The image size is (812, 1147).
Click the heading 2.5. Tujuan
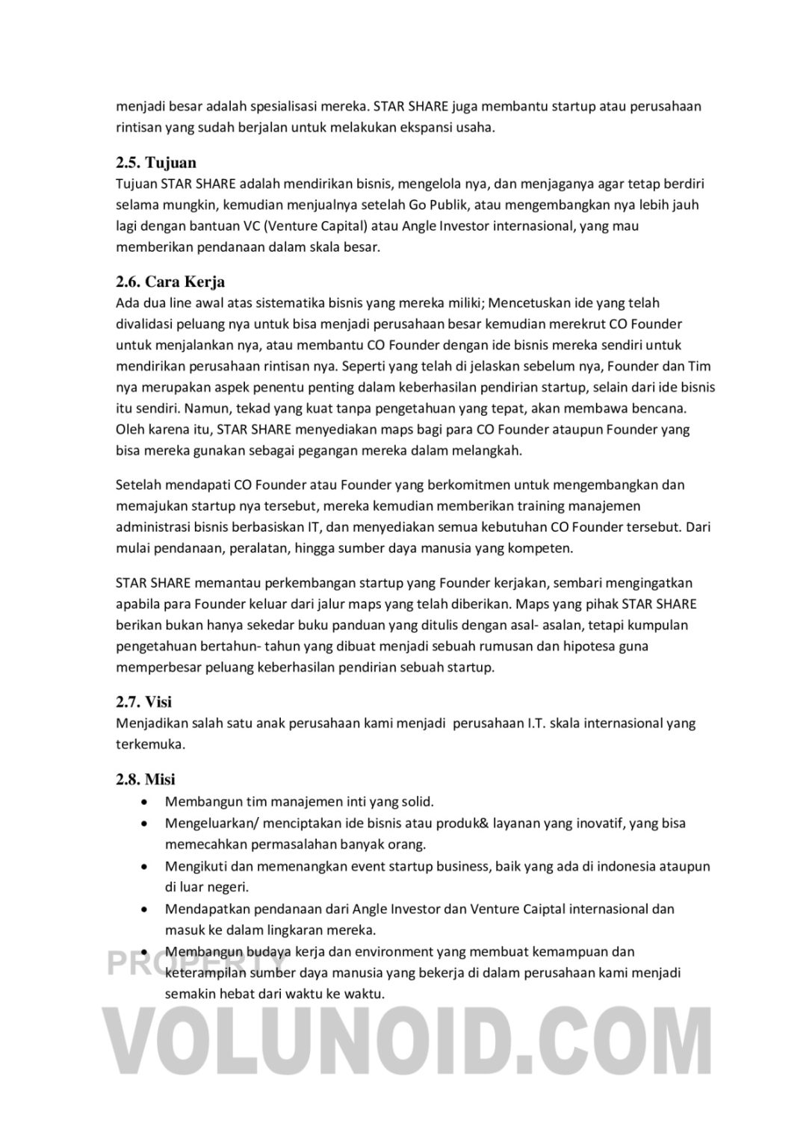(x=156, y=163)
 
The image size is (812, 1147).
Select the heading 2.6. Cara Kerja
(x=170, y=282)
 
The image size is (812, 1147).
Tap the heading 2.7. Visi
(x=144, y=702)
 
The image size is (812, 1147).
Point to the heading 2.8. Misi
(x=146, y=780)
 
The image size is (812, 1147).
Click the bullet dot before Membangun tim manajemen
(x=143, y=802)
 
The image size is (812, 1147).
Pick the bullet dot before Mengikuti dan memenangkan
(x=143, y=866)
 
